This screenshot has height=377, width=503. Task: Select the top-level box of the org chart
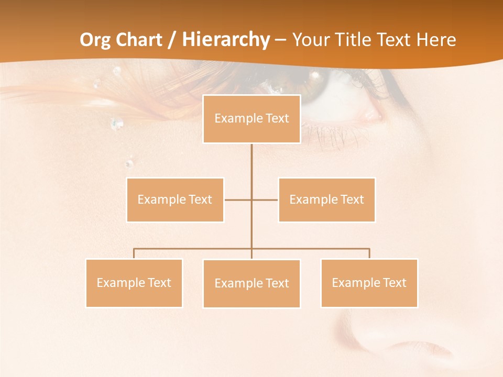click(x=251, y=119)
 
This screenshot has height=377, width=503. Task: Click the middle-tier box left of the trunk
click(x=175, y=199)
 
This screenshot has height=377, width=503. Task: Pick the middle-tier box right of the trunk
click(x=327, y=199)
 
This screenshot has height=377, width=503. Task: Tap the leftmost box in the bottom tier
click(x=134, y=283)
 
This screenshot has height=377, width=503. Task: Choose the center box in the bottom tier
click(x=251, y=284)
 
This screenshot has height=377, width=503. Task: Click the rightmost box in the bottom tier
click(x=369, y=283)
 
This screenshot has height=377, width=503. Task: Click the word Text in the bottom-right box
click(x=395, y=283)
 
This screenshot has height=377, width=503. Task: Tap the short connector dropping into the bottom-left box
click(x=134, y=253)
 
